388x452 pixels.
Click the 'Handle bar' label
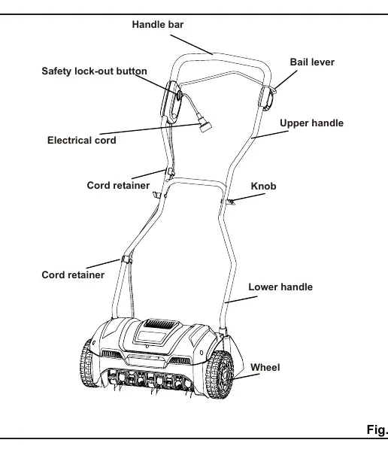tap(158, 25)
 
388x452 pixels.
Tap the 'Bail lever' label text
tap(312, 62)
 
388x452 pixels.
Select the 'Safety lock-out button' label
tap(94, 71)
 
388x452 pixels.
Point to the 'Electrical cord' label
tap(81, 141)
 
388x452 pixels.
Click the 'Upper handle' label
tap(311, 123)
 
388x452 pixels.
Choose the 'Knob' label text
tap(263, 187)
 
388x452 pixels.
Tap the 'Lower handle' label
tap(280, 287)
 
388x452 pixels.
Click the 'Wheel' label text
tap(265, 368)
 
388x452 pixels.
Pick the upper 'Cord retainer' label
tap(118, 185)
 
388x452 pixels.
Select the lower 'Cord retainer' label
tap(73, 275)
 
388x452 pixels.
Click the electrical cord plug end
tap(204, 126)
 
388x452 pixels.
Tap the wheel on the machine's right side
tap(220, 375)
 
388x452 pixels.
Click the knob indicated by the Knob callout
tap(230, 202)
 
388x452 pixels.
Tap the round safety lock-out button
tap(179, 95)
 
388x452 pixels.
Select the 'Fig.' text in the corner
tap(377, 429)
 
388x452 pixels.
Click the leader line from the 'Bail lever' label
tap(286, 80)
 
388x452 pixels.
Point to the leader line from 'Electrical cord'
tap(150, 129)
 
